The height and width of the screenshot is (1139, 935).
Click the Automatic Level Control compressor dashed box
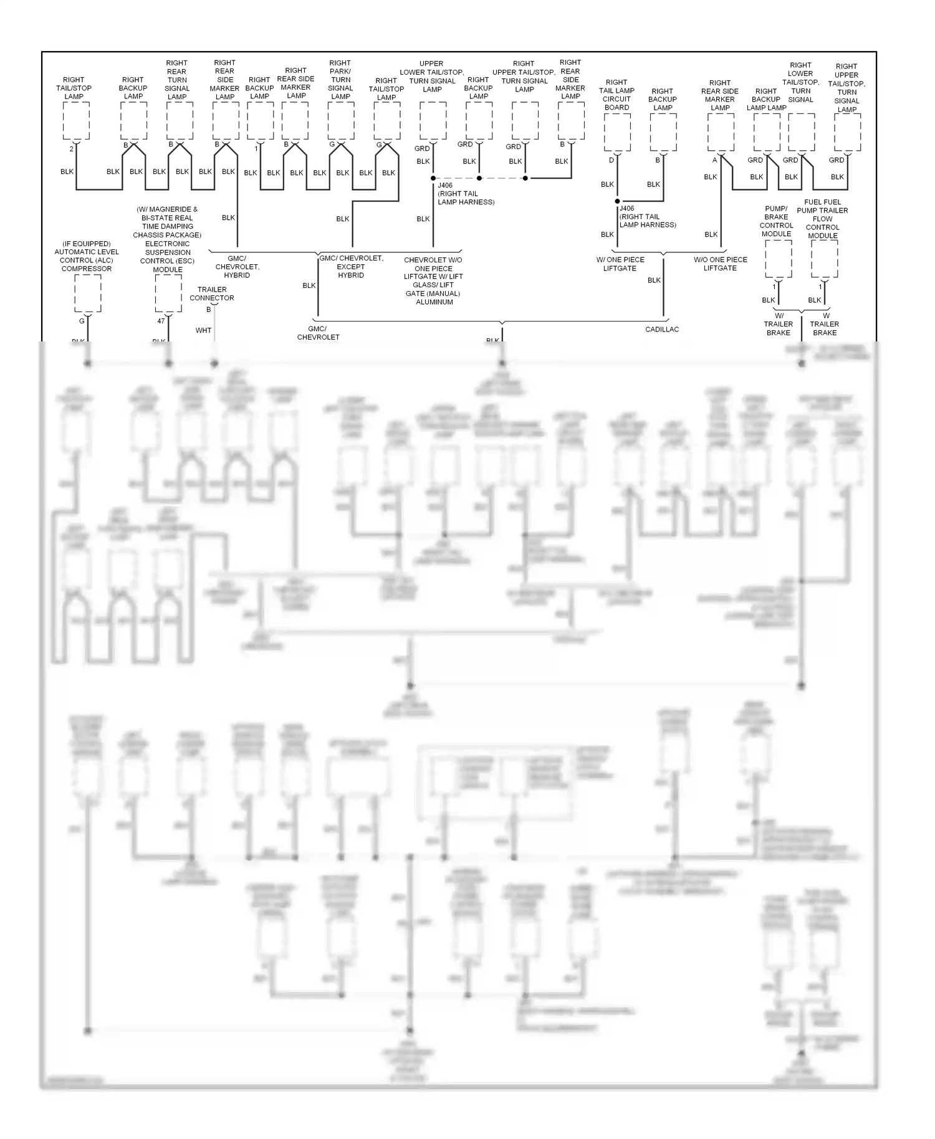[x=87, y=293]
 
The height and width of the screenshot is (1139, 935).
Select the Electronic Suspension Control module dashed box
[x=168, y=293]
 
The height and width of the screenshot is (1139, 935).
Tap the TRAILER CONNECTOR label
[x=212, y=293]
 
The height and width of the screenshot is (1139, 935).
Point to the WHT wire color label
[x=203, y=330]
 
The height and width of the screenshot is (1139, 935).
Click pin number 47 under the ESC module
[x=161, y=321]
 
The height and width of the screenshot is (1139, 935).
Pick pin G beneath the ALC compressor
[x=82, y=321]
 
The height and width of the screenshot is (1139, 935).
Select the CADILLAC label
[x=662, y=329]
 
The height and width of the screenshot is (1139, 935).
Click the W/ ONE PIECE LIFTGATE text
[x=620, y=264]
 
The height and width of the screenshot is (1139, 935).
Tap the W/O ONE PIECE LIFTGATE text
[x=720, y=264]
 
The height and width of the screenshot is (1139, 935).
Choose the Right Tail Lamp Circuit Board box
[x=617, y=132]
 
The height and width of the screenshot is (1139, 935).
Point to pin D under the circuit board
[x=611, y=160]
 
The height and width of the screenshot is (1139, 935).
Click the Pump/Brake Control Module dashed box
[x=778, y=259]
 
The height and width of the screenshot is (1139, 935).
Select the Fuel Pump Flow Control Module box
[x=824, y=259]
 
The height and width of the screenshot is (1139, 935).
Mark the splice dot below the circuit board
[x=618, y=201]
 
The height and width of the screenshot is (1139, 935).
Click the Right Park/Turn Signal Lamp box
[x=341, y=120]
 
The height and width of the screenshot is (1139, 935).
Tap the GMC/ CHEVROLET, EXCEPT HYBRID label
[x=351, y=267]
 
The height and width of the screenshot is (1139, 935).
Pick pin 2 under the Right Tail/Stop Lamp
[x=71, y=149]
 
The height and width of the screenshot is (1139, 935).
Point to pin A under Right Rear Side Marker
[x=715, y=160]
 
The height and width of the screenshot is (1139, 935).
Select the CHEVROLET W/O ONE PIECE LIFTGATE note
[x=433, y=280]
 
